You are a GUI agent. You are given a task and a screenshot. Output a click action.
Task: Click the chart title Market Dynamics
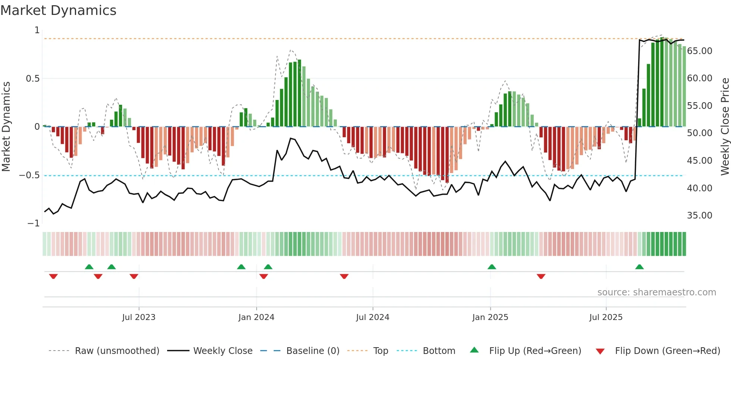(58, 10)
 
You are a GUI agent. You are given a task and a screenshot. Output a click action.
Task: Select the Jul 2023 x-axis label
(139, 317)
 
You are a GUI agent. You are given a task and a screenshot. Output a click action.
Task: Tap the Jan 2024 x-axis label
(256, 317)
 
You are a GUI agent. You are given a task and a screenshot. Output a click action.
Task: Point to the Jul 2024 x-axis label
(373, 317)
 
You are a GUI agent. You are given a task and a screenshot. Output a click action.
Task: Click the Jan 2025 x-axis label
(490, 317)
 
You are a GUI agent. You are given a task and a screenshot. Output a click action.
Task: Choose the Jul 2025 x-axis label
(606, 317)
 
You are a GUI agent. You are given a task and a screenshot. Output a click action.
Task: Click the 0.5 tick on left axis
(32, 79)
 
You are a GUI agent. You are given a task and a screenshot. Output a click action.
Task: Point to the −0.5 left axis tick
(29, 175)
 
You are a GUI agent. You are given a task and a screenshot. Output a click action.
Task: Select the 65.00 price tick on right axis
(700, 51)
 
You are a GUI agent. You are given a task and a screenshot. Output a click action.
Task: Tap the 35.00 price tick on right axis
(700, 216)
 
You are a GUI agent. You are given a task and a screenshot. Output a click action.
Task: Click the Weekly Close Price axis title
(725, 126)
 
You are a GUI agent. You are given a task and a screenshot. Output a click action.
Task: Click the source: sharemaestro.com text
(656, 292)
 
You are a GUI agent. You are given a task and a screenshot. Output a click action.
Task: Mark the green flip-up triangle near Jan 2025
(492, 267)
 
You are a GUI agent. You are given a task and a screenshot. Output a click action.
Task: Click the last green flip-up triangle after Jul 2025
(639, 267)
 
